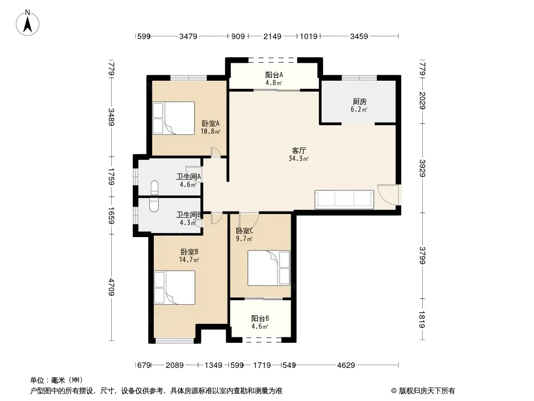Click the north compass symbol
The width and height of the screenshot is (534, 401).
28,23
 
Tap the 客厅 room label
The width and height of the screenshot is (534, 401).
299,150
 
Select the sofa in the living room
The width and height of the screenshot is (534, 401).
344,199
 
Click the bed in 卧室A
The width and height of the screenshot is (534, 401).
174,118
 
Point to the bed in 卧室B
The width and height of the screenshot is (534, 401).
174,288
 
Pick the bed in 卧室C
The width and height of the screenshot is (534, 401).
269,268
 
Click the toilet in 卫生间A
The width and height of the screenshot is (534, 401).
154,186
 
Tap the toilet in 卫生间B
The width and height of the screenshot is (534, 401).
154,205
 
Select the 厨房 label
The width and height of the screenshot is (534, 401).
359,102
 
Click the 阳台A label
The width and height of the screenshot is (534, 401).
274,75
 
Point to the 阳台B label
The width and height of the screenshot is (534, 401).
260,319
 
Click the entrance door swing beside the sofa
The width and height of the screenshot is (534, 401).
388,194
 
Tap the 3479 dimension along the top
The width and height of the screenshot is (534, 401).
188,36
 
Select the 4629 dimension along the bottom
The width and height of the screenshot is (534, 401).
346,365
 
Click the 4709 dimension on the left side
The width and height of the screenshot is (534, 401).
111,287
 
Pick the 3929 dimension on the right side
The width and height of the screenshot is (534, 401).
423,168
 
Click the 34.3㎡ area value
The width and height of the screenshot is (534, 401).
299,159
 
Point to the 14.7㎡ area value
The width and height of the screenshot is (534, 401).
189,260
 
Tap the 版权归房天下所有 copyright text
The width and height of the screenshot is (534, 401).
426,391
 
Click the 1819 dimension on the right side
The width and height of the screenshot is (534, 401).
423,319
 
